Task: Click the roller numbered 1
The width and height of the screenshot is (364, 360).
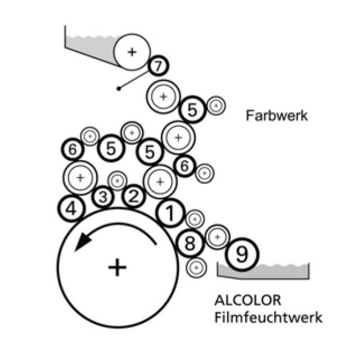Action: click(170, 213)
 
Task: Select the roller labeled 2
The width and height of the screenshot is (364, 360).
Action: click(135, 196)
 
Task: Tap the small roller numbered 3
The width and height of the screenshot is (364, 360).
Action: click(103, 197)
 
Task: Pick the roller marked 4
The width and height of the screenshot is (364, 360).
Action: click(72, 208)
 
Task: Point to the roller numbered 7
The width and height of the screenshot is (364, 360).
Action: click(157, 64)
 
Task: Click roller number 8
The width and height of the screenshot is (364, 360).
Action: click(190, 244)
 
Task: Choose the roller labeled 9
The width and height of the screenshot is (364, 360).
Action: click(241, 255)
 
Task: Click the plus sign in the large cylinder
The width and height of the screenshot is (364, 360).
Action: click(118, 267)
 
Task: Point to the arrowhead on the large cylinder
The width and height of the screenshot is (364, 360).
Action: click(81, 244)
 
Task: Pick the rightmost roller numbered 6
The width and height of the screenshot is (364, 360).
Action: click(185, 164)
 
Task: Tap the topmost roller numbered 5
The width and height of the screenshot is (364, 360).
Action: click(193, 110)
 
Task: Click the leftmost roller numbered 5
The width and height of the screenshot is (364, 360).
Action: click(110, 148)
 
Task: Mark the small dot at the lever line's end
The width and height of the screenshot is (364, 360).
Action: click(120, 89)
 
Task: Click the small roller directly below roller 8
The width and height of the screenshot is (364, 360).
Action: click(195, 266)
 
